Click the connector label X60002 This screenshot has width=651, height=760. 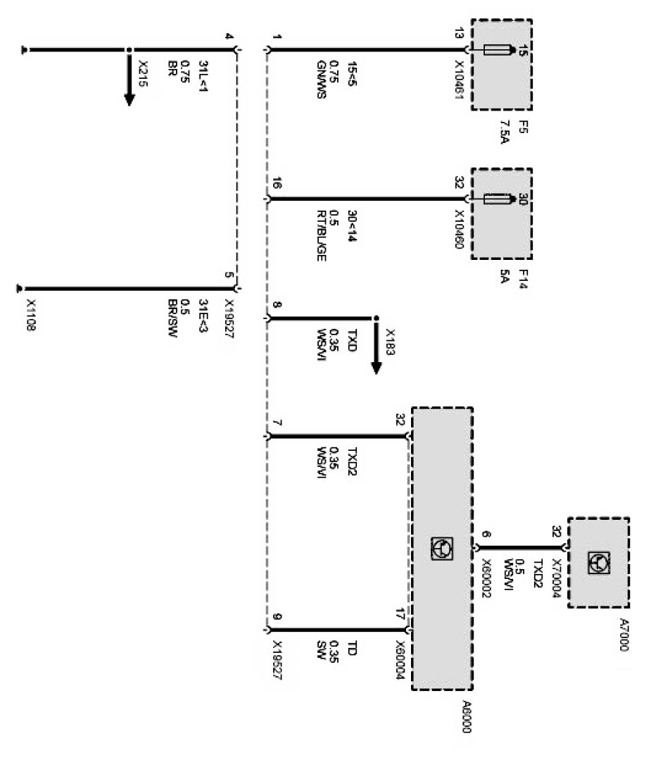486,580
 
